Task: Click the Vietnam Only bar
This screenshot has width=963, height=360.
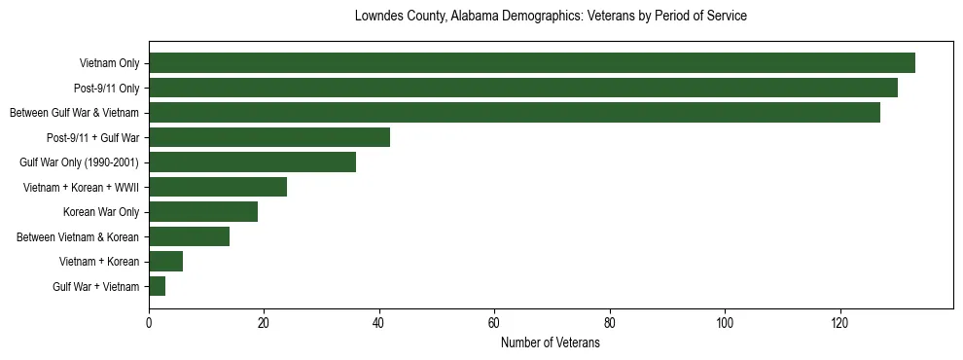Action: pos(531,63)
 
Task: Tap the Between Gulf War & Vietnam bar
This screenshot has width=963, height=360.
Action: pos(515,113)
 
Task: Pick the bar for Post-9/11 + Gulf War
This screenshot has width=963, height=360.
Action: pos(269,137)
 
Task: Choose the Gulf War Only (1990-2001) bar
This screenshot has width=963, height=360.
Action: pos(252,162)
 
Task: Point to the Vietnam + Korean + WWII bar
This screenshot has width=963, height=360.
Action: pos(218,187)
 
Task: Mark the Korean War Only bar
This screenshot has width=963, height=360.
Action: pos(203,212)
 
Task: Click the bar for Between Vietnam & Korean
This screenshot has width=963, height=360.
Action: pos(189,236)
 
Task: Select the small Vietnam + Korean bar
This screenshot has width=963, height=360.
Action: pos(165,262)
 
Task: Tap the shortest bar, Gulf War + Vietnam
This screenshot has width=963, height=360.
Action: pos(158,286)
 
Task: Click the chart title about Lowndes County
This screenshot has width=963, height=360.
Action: pos(551,17)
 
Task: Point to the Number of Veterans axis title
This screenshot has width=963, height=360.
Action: pos(551,343)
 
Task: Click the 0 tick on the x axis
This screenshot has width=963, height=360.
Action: pos(149,323)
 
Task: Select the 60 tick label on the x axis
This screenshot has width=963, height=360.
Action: pos(494,323)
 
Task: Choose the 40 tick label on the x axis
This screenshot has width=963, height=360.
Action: pos(379,323)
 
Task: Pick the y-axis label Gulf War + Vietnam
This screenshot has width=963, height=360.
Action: pos(95,287)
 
